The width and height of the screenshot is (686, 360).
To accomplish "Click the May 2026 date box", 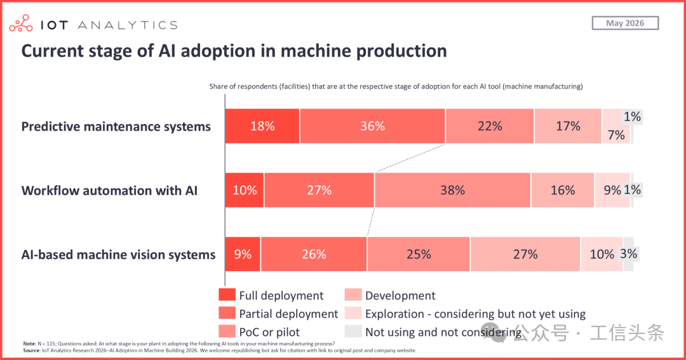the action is pos(625,23).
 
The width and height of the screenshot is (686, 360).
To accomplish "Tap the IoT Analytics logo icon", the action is pos(21,23).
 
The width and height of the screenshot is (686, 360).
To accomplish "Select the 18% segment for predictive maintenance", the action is pos(262,126).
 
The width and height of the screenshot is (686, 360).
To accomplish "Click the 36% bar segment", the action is pos(373,126).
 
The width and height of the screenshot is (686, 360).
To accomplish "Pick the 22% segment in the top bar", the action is pos(490,126).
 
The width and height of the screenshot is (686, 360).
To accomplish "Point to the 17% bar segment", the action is pos(568,126).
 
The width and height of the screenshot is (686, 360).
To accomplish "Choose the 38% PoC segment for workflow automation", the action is pos(453,190).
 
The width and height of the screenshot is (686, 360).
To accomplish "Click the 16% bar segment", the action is pos(563,190).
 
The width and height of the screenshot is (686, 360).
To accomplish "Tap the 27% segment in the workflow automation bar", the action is pos(319,190).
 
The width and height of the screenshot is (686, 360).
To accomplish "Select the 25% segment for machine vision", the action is pos(419,254).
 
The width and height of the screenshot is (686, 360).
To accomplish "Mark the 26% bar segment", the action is pos(314,254).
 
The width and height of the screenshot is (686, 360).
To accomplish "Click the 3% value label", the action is pos(629,254).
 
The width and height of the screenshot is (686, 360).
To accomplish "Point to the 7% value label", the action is pos(616,135).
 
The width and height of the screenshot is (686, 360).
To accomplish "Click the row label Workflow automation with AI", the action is pos(109,190).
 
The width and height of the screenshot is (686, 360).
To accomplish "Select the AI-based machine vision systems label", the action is pos(119,255).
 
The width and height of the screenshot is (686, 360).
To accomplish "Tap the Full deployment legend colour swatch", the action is pos(227,295).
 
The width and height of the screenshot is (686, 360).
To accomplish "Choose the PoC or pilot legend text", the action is pos(269,332).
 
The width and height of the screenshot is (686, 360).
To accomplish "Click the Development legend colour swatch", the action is pos(353,295).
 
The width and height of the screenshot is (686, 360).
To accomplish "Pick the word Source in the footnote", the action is pos(31,350).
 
